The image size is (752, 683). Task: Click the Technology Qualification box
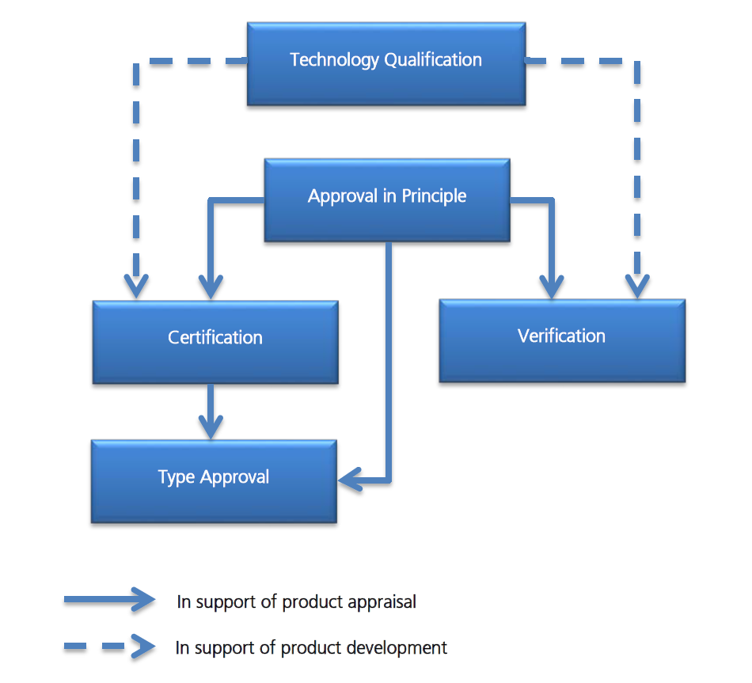click(386, 63)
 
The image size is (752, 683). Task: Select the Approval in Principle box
click(386, 199)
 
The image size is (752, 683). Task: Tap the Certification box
click(215, 341)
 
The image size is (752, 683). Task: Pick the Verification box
click(562, 340)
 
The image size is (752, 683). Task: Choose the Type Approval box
click(214, 480)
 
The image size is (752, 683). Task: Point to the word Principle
click(434, 196)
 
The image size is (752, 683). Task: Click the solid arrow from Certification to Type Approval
click(210, 410)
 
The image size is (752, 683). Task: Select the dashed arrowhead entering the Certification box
click(137, 285)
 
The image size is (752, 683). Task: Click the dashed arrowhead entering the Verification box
click(637, 284)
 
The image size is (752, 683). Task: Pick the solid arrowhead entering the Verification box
click(552, 284)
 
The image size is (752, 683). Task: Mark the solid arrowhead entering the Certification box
click(210, 285)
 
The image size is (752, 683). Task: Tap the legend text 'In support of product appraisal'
click(297, 602)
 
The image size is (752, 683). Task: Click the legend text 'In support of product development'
click(311, 648)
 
